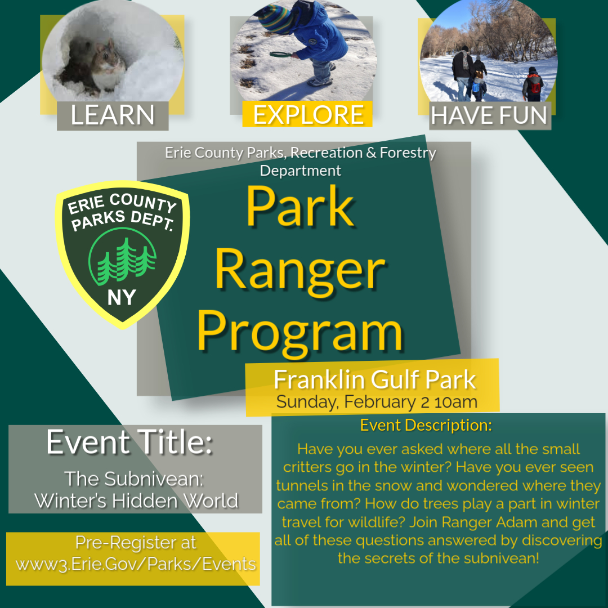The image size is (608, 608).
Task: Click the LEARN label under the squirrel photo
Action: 113,115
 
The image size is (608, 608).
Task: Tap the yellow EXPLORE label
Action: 307,114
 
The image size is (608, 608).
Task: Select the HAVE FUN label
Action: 490,116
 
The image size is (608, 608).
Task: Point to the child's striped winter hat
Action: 276,18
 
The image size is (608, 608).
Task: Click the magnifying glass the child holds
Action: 280,55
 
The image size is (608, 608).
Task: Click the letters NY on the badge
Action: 122,298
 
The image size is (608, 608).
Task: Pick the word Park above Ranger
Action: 300,206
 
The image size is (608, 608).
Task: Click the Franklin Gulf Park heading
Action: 374,379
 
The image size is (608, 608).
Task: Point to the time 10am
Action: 456,402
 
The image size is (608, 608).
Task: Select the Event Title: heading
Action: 129,442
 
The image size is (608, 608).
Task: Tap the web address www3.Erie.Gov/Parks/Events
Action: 136,564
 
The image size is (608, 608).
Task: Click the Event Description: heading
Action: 426,425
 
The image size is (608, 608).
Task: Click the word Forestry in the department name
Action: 408,153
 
